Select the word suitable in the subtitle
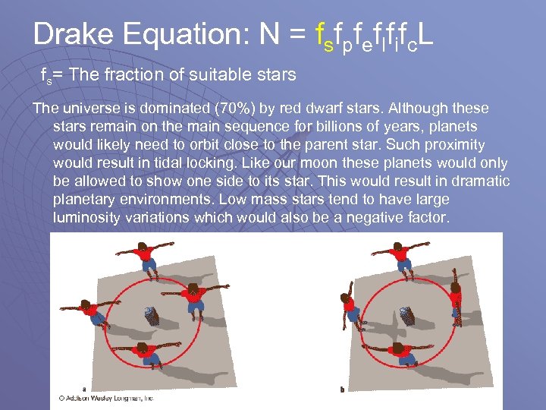[x=206, y=76]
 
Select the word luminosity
[x=89, y=218]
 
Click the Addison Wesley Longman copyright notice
[x=106, y=397]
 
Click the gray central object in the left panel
[x=151, y=315]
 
